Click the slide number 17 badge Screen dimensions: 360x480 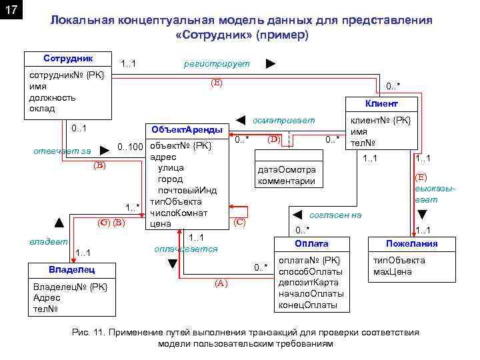coord(11,11)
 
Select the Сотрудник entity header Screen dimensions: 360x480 coord(68,59)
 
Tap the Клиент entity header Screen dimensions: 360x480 coord(381,104)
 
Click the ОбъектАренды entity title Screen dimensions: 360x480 coord(186,129)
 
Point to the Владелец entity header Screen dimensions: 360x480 coord(72,270)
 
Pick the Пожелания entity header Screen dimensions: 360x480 coord(411,243)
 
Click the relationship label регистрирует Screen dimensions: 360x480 coord(217,63)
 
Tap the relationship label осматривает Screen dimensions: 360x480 coord(284,121)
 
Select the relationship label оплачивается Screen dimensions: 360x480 coord(185,249)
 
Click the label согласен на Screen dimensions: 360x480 coord(336,215)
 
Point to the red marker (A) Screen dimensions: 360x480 coord(221,283)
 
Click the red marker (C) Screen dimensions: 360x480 coord(240,222)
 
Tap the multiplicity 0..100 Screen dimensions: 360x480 coord(131,146)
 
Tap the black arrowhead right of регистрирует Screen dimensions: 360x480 coord(270,63)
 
